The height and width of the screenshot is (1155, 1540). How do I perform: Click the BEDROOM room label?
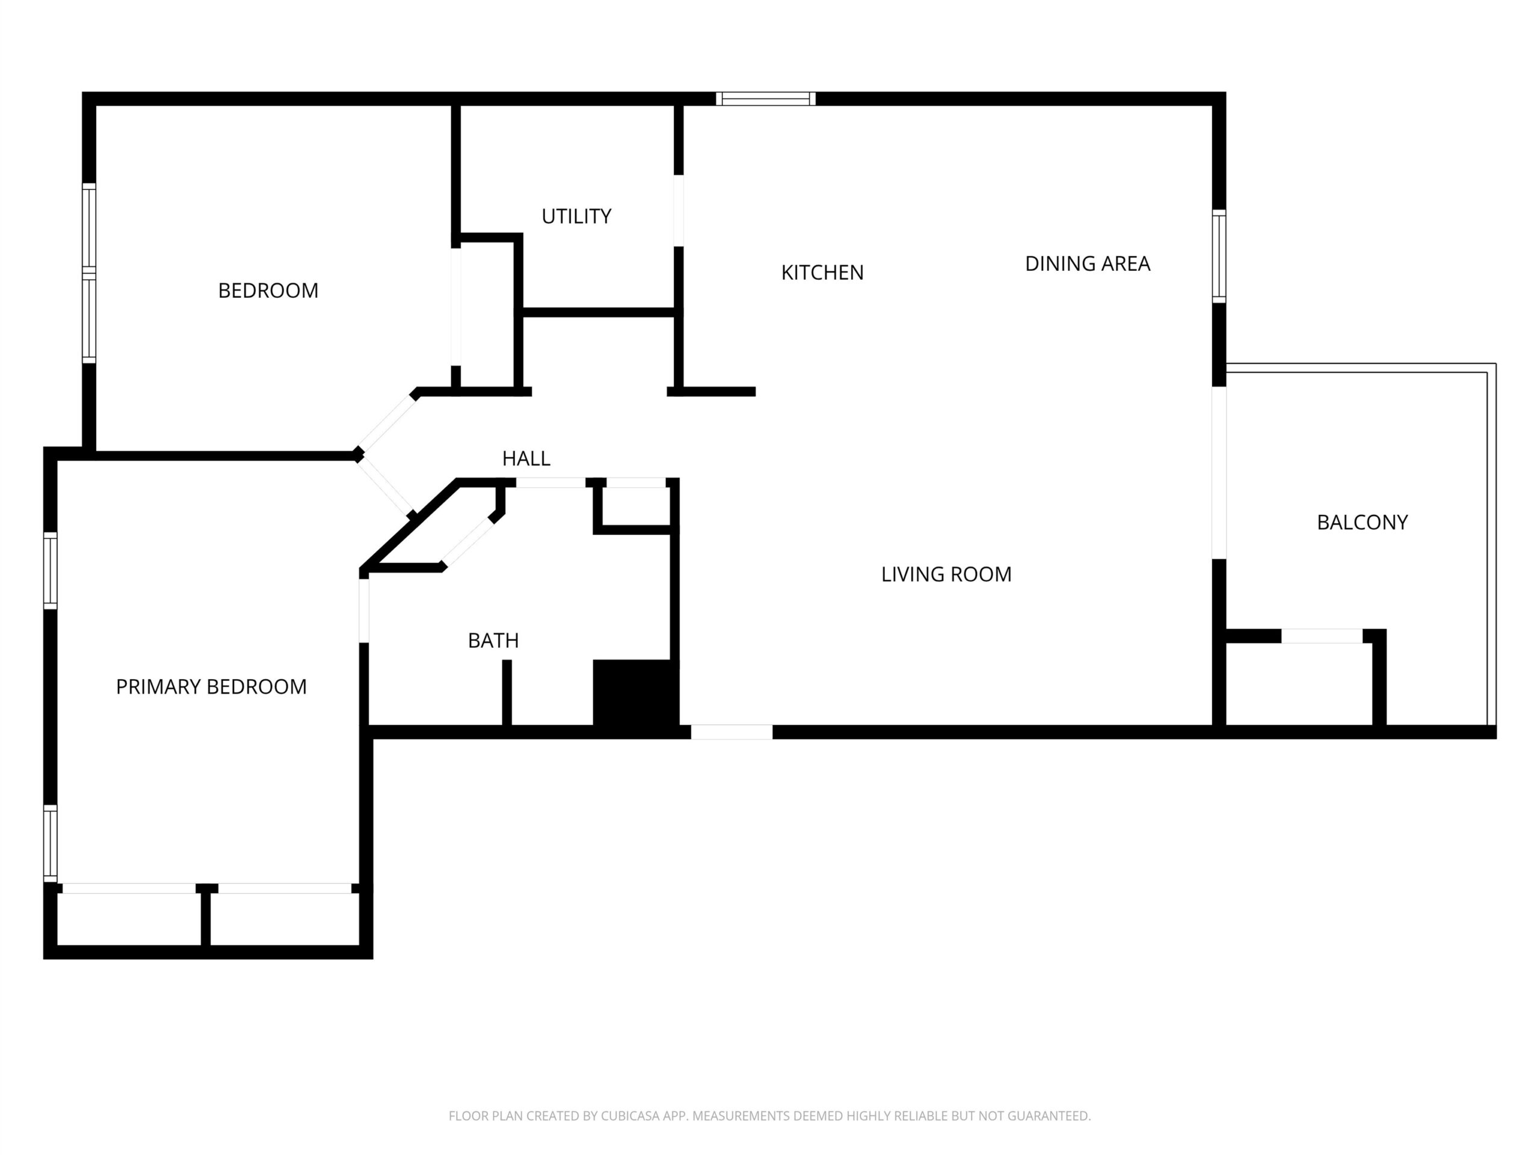coord(268,291)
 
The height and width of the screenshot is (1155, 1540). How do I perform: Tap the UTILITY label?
coord(576,217)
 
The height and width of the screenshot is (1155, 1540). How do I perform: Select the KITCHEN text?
coord(822,273)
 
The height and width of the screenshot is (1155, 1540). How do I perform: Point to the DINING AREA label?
coord(1088,263)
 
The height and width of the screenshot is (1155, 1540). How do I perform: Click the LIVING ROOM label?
coord(946,574)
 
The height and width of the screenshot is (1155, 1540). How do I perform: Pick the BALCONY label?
coord(1363,522)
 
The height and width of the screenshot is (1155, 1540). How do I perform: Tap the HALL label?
coord(526,458)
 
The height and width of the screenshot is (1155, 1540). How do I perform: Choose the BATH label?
coord(493,641)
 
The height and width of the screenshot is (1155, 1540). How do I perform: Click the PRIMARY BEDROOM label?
coord(211,686)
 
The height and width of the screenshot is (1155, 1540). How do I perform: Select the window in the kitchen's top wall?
coord(766,99)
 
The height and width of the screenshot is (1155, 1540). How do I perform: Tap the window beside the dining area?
coord(1219,256)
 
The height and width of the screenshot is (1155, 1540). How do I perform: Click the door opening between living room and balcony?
coord(1219,473)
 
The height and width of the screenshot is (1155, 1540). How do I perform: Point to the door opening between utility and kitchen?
coord(678,211)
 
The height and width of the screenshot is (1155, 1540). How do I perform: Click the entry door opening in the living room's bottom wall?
coord(731,731)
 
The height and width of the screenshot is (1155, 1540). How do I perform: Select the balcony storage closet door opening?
coord(1322,636)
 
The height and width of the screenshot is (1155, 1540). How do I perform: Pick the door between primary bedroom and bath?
coord(363,611)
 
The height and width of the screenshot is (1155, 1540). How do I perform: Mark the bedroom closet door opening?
coord(456,307)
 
